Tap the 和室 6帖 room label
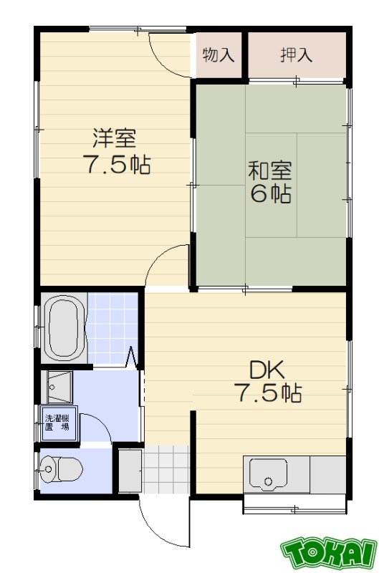pyautogui.click(x=269, y=183)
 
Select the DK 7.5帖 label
pyautogui.click(x=267, y=382)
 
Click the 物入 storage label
pyautogui.click(x=219, y=55)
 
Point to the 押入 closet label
pyautogui.click(x=296, y=55)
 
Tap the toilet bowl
pyautogui.click(x=63, y=470)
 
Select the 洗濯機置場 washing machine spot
pyautogui.click(x=57, y=422)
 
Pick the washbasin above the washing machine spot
pyautogui.click(x=57, y=387)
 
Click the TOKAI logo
pyautogui.click(x=329, y=552)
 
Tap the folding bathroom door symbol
pyautogui.click(x=133, y=356)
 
